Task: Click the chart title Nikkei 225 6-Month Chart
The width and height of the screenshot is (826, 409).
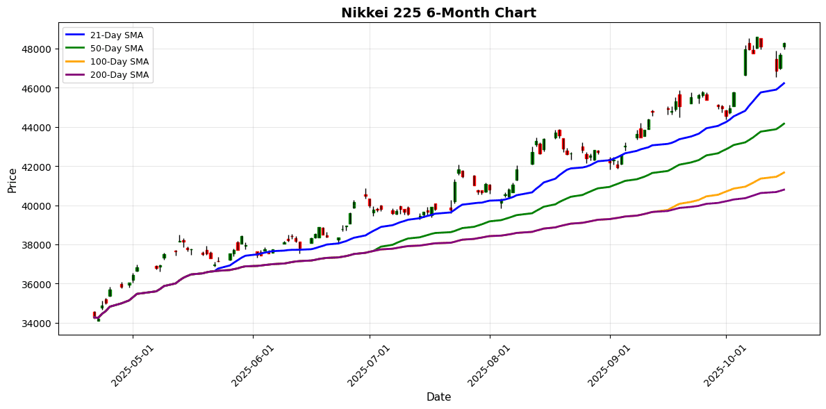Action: (x=438, y=12)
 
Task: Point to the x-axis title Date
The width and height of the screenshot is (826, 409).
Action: (x=438, y=397)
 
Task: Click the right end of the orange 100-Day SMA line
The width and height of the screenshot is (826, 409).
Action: (x=784, y=173)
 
